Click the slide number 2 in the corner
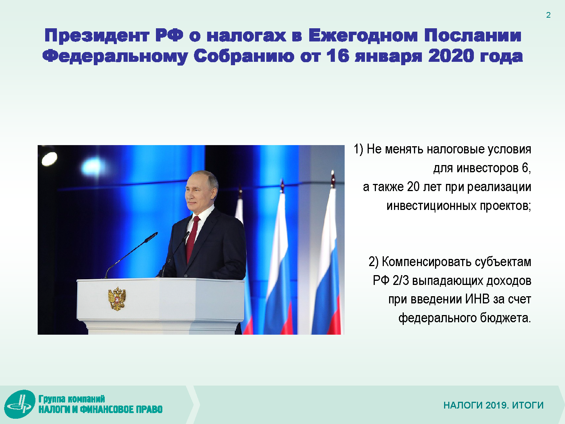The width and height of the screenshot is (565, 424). [x=548, y=15]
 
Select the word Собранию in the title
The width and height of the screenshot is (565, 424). [x=244, y=56]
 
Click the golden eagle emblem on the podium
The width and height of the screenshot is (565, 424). [x=117, y=298]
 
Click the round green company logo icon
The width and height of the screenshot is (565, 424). [x=20, y=404]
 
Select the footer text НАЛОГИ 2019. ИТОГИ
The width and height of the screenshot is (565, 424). [x=493, y=405]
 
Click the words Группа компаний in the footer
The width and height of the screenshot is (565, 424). [x=72, y=399]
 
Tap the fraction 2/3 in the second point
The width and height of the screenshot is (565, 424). [x=400, y=280]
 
